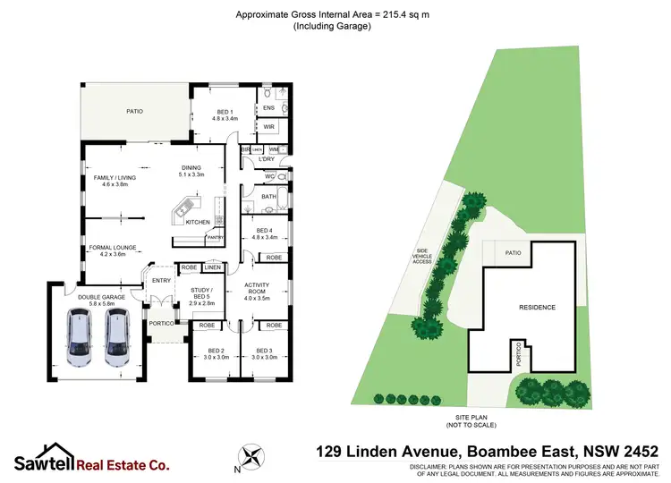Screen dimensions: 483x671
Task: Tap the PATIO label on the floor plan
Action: coord(134,111)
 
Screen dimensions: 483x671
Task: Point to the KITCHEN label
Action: coord(198,222)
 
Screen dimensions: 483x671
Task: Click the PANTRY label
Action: coord(215,238)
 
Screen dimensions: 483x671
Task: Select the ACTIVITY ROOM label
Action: coord(257,288)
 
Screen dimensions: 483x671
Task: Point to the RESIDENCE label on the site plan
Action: coord(537,308)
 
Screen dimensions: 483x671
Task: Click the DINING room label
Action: coord(192,169)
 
